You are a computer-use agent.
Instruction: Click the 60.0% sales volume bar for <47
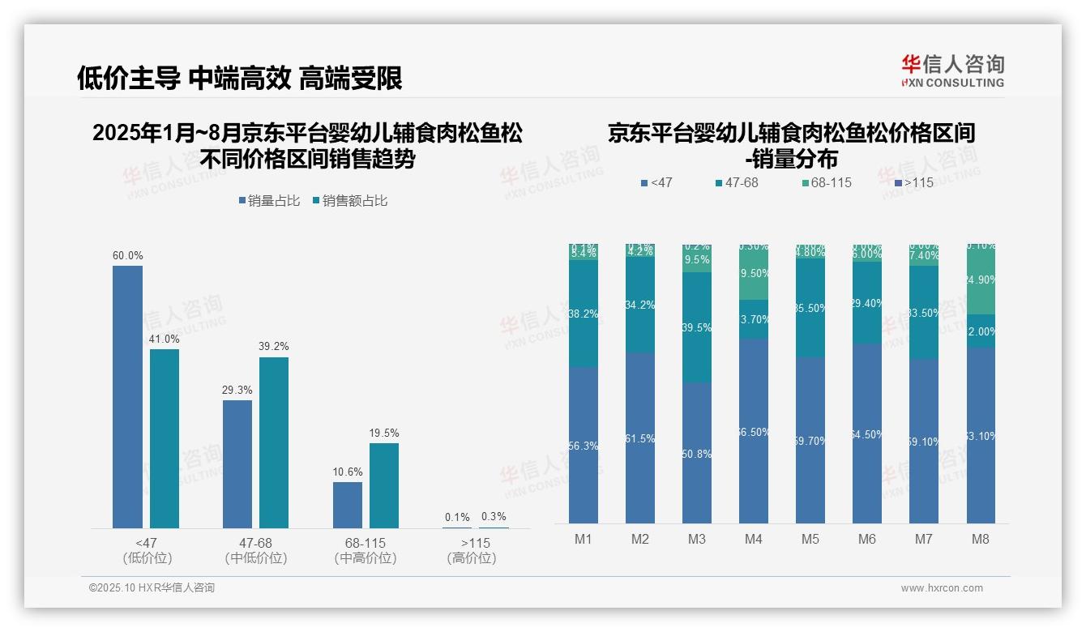pyautogui.click(x=127, y=397)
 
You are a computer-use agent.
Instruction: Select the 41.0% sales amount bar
pyautogui.click(x=165, y=438)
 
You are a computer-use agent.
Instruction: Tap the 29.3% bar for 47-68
pyautogui.click(x=237, y=464)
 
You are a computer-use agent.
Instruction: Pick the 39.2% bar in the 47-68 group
pyautogui.click(x=274, y=442)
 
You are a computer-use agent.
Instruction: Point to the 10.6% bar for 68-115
pyautogui.click(x=348, y=505)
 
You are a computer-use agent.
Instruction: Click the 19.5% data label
pyautogui.click(x=384, y=433)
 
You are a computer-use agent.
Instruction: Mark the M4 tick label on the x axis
pyautogui.click(x=753, y=539)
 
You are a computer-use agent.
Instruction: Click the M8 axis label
pyautogui.click(x=981, y=539)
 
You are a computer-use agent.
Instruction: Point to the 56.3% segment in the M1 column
pyautogui.click(x=584, y=445)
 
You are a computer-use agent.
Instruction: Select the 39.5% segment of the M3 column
pyautogui.click(x=697, y=327)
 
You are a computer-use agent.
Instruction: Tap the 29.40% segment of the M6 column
pyautogui.click(x=867, y=302)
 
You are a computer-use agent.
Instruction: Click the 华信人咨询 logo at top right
pyautogui.click(x=952, y=70)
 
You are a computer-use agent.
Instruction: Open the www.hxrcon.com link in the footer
pyautogui.click(x=942, y=588)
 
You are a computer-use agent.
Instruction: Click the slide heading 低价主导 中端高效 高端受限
pyautogui.click(x=240, y=78)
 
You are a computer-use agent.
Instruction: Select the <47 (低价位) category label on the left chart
pyautogui.click(x=148, y=550)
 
